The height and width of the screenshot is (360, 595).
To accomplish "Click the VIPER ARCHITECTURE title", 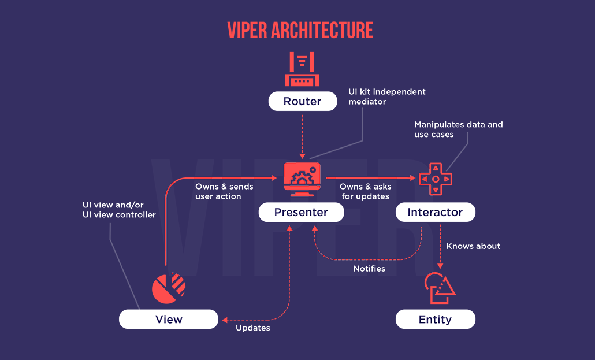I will (x=300, y=29).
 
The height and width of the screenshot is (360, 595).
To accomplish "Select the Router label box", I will (x=302, y=102).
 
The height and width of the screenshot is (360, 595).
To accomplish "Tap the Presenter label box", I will (x=301, y=212).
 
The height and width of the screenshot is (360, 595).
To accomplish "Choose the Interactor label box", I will (x=435, y=212).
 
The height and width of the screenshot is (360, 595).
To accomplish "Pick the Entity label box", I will (x=435, y=320).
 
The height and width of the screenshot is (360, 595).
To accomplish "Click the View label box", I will (x=169, y=320).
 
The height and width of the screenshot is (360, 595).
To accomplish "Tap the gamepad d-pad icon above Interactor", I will (x=435, y=179).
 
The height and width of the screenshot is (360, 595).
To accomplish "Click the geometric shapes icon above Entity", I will (x=439, y=287).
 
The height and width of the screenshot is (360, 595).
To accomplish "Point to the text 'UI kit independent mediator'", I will (x=386, y=97).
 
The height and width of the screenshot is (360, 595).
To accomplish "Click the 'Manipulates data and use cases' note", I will (x=459, y=129).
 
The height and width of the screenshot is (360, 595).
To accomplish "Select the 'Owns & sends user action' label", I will (x=224, y=192).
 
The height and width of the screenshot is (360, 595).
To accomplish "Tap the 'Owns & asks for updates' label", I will (x=365, y=192).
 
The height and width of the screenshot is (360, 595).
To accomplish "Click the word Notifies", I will (x=369, y=269).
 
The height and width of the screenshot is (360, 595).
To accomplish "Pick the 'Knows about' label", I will (x=473, y=246).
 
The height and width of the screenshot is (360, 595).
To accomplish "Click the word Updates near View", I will (x=252, y=328).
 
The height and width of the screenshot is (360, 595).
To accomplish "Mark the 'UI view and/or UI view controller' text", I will (x=119, y=209).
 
